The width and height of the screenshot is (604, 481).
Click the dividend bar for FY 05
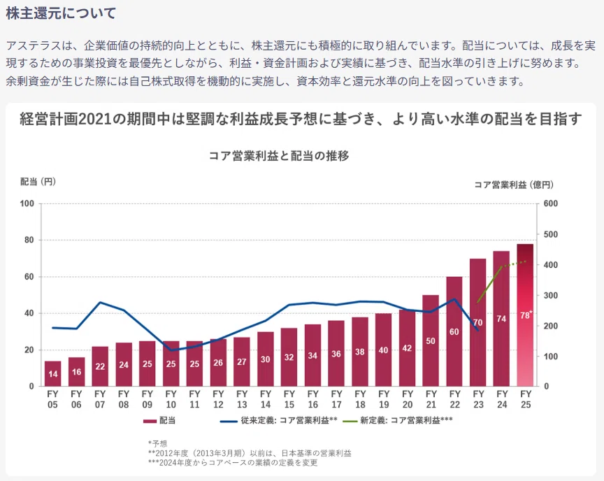[52, 373]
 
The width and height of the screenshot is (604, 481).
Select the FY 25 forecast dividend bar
[526, 315]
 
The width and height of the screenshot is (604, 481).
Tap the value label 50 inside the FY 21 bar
[431, 340]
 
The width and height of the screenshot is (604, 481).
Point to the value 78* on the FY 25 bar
[526, 315]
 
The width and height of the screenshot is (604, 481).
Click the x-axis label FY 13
[242, 399]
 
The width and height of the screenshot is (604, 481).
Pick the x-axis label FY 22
[455, 399]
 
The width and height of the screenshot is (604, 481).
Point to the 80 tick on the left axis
[29, 240]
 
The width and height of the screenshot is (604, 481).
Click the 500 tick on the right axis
[550, 234]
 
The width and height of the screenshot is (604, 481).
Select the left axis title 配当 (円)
[38, 181]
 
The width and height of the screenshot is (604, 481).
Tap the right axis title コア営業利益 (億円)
[514, 185]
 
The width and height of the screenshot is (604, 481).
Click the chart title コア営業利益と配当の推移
[279, 156]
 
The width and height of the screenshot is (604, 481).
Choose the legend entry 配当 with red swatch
[159, 421]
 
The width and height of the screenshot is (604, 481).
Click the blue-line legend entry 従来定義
[278, 421]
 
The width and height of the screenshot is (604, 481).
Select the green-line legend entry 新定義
[398, 421]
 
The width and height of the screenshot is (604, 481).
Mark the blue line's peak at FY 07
[100, 302]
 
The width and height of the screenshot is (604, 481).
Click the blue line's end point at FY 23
[478, 331]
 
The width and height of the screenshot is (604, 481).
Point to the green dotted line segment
[514, 264]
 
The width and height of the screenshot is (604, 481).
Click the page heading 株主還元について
[61, 13]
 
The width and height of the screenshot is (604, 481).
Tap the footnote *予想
[157, 444]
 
